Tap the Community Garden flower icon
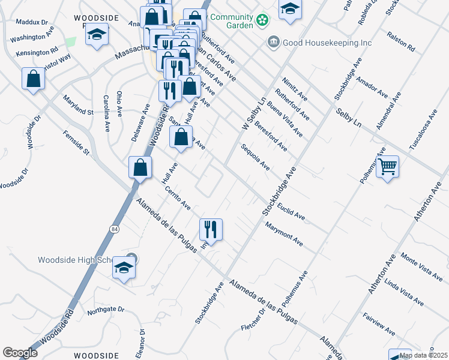pyautogui.click(x=262, y=21)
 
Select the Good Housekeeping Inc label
pyautogui.click(x=328, y=43)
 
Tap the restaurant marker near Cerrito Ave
pyautogui.click(x=211, y=229)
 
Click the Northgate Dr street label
pyautogui.click(x=105, y=310)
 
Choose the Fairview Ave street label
pyautogui.click(x=379, y=323)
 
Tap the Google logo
pyautogui.click(x=20, y=353)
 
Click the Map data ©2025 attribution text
pyautogui.click(x=424, y=355)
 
